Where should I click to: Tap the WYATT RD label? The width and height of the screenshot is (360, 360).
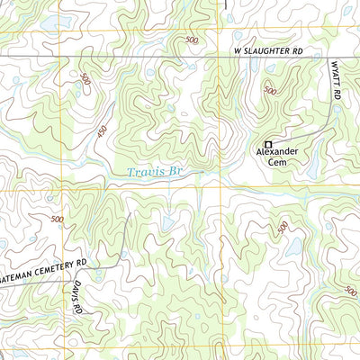coord(334,81)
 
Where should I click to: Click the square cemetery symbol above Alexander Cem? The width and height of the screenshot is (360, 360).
coord(267,144)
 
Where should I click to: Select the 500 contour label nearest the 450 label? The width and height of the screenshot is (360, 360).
coord(85,79)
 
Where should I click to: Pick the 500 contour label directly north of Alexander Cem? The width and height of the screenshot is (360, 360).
coord(270,90)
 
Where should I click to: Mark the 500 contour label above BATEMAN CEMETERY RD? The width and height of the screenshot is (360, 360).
coord(58,220)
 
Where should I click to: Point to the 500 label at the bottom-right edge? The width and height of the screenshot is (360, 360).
coord(351,291)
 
